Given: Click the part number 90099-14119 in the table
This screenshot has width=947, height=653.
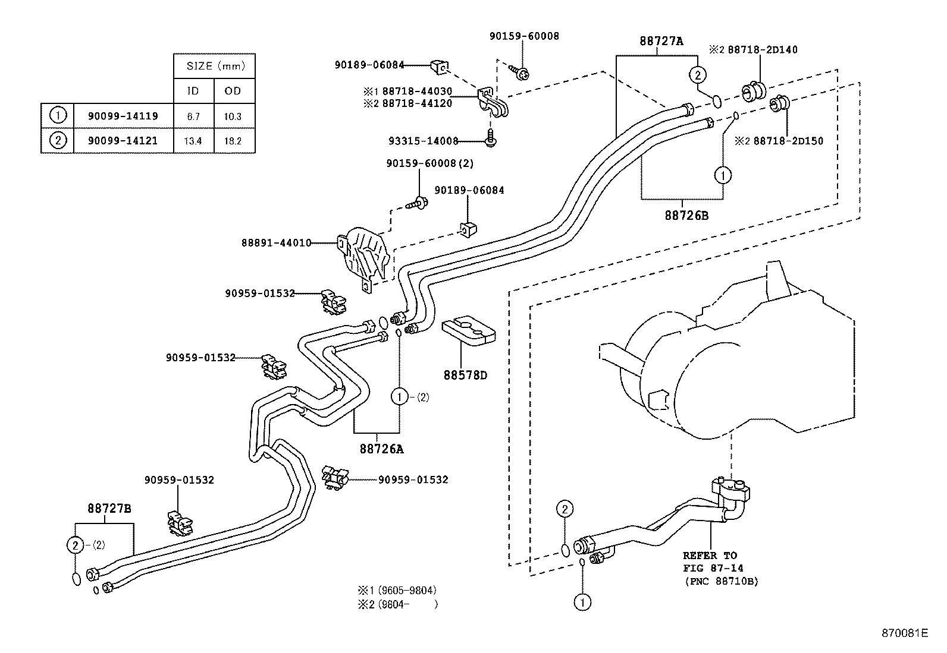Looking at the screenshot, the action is (x=123, y=116).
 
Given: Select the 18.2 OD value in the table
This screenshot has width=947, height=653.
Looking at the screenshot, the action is (x=233, y=141).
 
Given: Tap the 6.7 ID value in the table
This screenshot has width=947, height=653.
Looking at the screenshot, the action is (x=193, y=116).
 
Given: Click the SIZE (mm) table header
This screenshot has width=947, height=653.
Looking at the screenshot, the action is (x=215, y=66).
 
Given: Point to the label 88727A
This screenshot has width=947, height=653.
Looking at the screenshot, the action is (x=661, y=41).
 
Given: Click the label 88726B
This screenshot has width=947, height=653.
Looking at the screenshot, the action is (x=686, y=216).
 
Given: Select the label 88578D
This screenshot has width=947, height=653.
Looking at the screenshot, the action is (x=465, y=375).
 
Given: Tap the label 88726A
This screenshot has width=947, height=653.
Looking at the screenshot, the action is (x=382, y=449).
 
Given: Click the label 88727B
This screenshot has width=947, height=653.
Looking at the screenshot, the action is (x=109, y=508).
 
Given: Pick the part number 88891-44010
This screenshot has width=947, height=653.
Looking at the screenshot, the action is (x=277, y=243).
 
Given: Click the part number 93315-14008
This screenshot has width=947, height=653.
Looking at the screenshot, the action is (x=423, y=141).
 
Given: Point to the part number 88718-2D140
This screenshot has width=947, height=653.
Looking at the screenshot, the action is (x=763, y=50).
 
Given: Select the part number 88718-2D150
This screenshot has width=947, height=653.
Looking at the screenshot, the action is (x=788, y=141).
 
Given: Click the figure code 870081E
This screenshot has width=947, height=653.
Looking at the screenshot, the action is (x=905, y=633).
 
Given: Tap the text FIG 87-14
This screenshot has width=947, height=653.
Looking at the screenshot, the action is (x=713, y=568).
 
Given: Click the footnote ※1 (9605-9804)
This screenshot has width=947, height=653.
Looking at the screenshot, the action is (x=397, y=590).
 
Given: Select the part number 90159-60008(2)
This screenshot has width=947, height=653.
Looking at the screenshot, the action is (x=430, y=163).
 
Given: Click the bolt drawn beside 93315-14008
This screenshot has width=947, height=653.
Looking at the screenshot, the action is (x=490, y=138).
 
